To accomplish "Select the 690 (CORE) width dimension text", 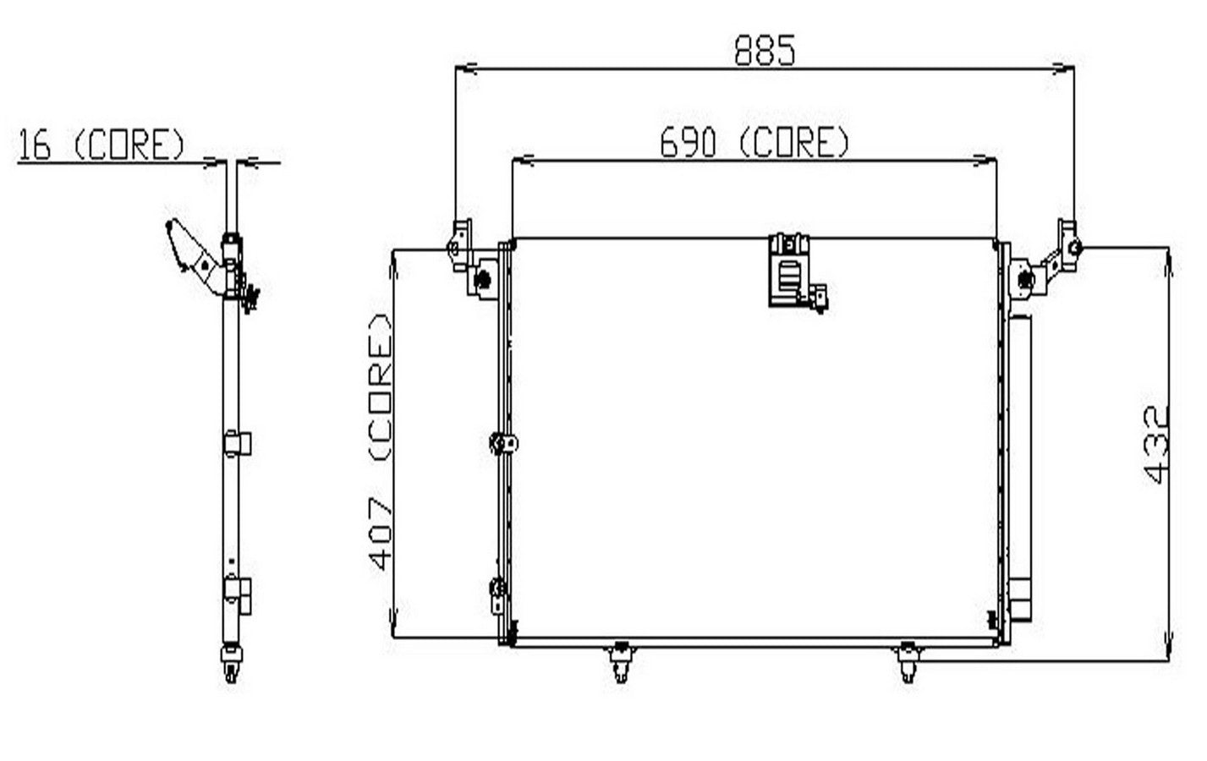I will click(754, 142).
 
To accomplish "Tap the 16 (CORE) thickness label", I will click(101, 145).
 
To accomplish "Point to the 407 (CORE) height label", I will click(380, 441).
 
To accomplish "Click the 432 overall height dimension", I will click(1157, 444).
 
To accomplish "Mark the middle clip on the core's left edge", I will click(503, 442).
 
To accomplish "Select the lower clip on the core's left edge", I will click(498, 592).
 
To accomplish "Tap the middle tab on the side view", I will click(238, 443).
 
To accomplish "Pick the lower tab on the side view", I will click(238, 592).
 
